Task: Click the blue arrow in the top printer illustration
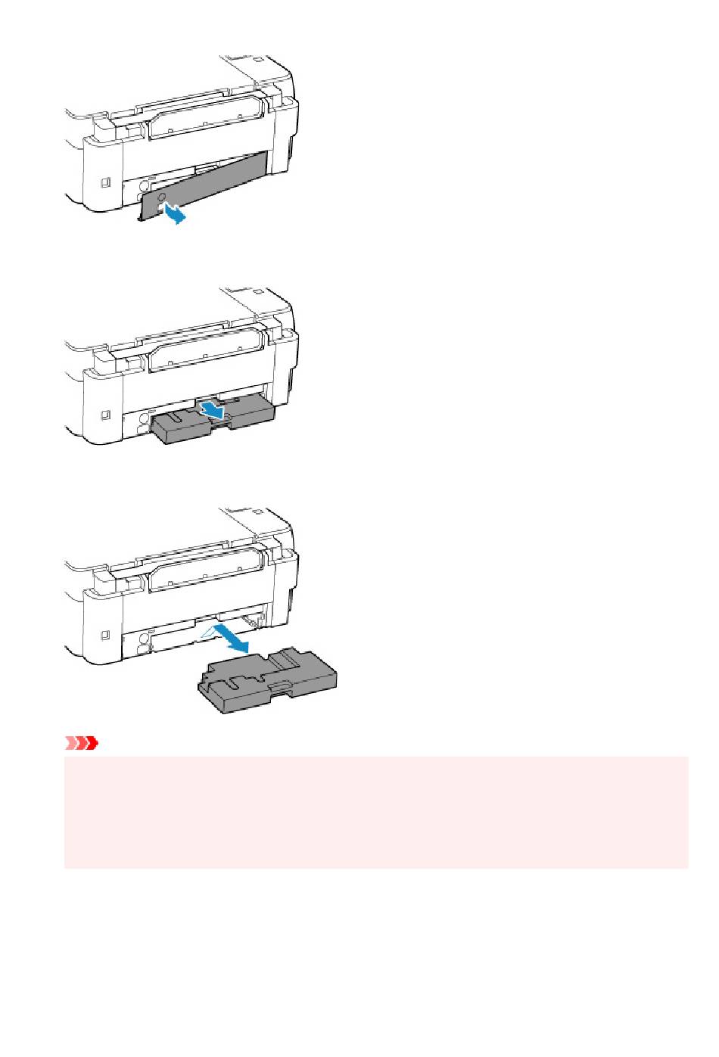click(173, 214)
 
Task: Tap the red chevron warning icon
click(82, 744)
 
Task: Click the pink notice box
click(376, 812)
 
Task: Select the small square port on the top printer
click(105, 182)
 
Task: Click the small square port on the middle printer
click(105, 415)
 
